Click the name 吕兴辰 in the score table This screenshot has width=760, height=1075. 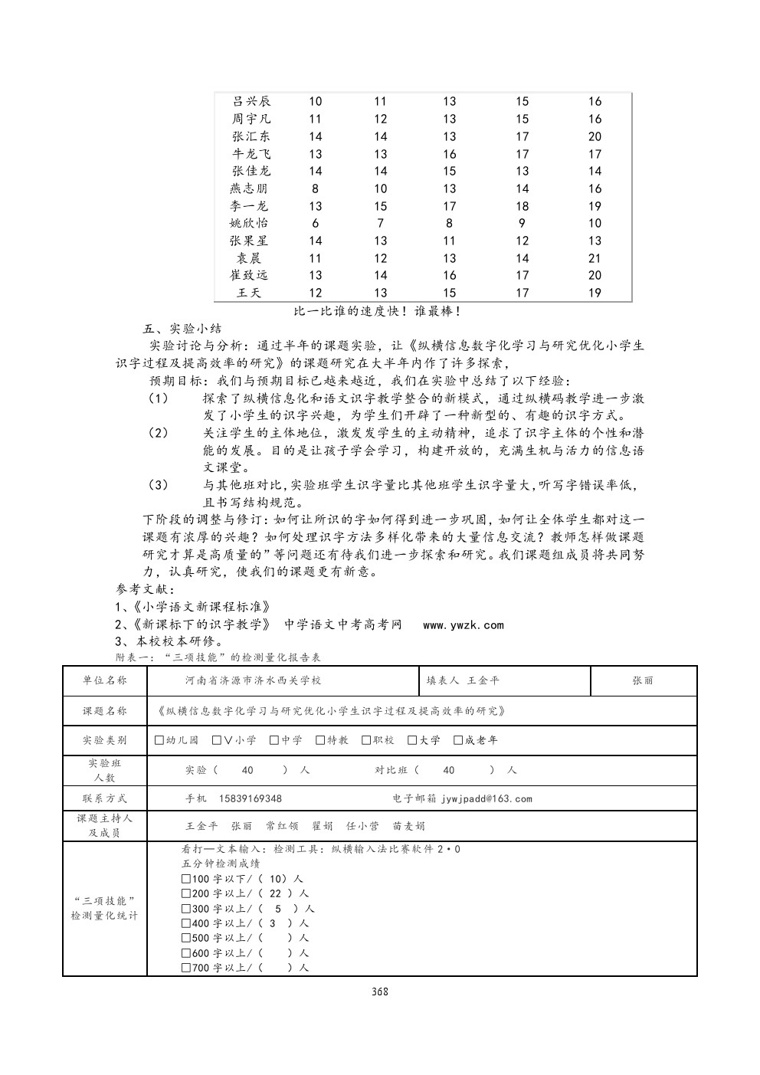point(251,101)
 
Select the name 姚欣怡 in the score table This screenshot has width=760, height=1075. point(250,223)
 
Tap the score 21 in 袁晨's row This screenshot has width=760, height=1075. point(595,258)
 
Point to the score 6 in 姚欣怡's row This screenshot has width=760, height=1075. point(316,223)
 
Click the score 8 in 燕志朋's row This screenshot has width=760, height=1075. point(316,188)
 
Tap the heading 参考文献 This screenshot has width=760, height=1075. point(146,589)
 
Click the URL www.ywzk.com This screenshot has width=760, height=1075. point(464,625)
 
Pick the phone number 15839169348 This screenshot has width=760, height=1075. point(251,798)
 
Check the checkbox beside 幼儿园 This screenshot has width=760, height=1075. point(159,740)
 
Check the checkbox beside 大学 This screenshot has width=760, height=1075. point(412,740)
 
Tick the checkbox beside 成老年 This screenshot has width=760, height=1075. point(458,740)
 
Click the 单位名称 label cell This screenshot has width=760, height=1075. point(105,680)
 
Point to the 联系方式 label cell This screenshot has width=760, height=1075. point(105,798)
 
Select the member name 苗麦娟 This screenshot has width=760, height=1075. point(409,826)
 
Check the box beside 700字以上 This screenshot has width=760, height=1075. point(186,968)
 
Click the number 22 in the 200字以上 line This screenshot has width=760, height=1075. point(276,893)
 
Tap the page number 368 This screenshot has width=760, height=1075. point(380,991)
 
